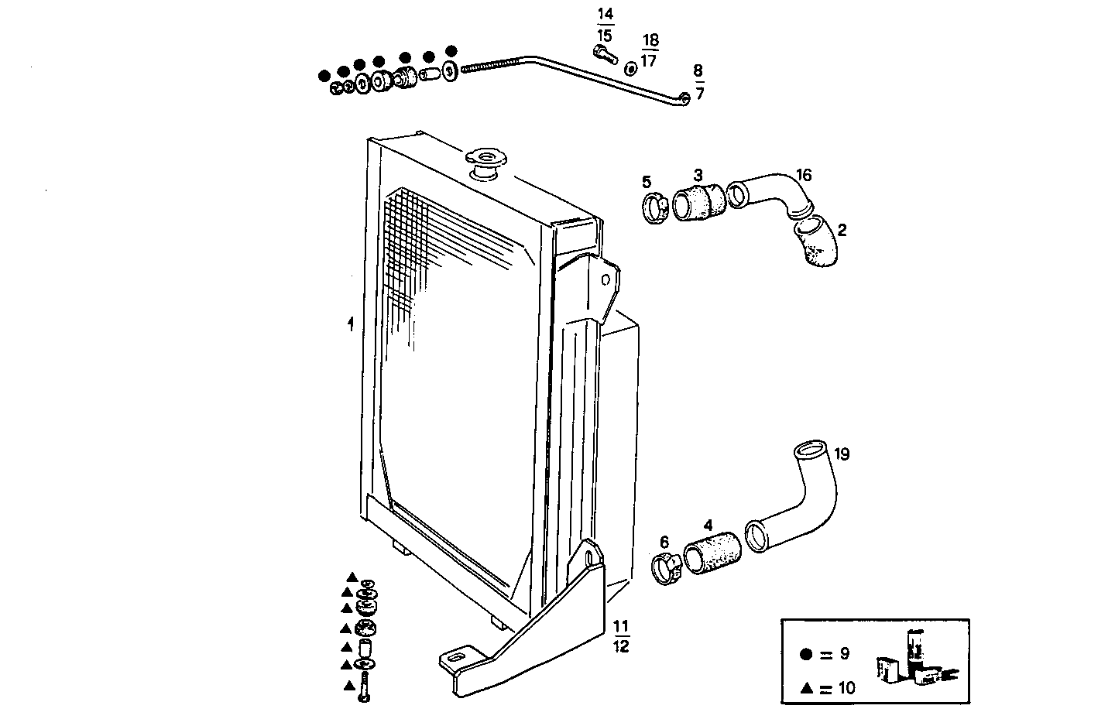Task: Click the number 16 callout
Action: pyautogui.click(x=804, y=176)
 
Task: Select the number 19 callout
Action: pyautogui.click(x=842, y=454)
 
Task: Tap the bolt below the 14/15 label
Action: pyautogui.click(x=604, y=53)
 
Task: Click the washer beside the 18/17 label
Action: pyautogui.click(x=631, y=69)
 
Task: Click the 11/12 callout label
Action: pyautogui.click(x=621, y=636)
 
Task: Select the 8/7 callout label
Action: pyautogui.click(x=698, y=82)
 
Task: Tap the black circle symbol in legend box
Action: pyautogui.click(x=806, y=654)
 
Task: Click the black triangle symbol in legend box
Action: pyautogui.click(x=806, y=687)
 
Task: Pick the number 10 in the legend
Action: pyautogui.click(x=846, y=687)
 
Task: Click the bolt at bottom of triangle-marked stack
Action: pyautogui.click(x=365, y=688)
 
